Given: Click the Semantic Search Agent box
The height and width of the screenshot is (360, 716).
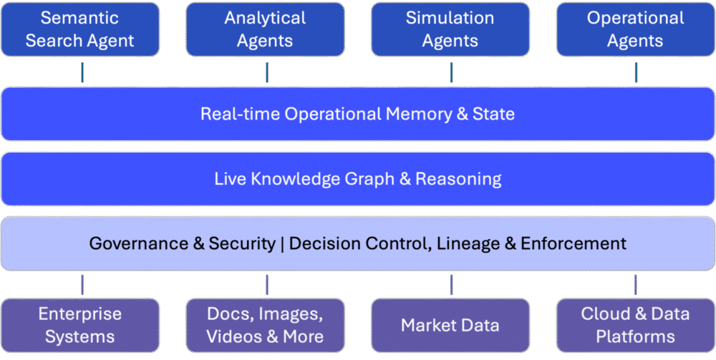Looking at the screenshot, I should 79,29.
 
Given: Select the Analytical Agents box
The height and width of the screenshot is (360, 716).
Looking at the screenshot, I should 265,29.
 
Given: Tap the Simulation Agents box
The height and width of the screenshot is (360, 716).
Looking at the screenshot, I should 450,29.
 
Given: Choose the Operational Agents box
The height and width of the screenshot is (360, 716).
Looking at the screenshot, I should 636,29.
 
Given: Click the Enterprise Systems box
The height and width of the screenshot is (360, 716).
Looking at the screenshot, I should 79,325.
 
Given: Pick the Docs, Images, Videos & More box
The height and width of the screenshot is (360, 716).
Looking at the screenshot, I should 265,325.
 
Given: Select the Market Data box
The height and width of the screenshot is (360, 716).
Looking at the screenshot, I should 450,325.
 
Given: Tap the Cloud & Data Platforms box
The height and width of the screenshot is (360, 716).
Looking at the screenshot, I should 636,325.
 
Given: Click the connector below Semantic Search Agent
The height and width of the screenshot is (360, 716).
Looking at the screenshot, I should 82,72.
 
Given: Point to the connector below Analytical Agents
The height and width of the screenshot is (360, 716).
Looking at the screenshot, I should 267,72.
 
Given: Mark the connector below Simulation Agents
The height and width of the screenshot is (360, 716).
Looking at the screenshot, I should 451,72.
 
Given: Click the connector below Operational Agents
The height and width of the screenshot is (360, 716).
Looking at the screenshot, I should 636,72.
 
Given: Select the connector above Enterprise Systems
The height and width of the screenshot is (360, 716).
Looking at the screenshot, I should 82,284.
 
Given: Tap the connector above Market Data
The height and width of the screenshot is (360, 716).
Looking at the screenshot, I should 451,284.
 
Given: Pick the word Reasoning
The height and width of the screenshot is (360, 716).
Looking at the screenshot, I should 458,178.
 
